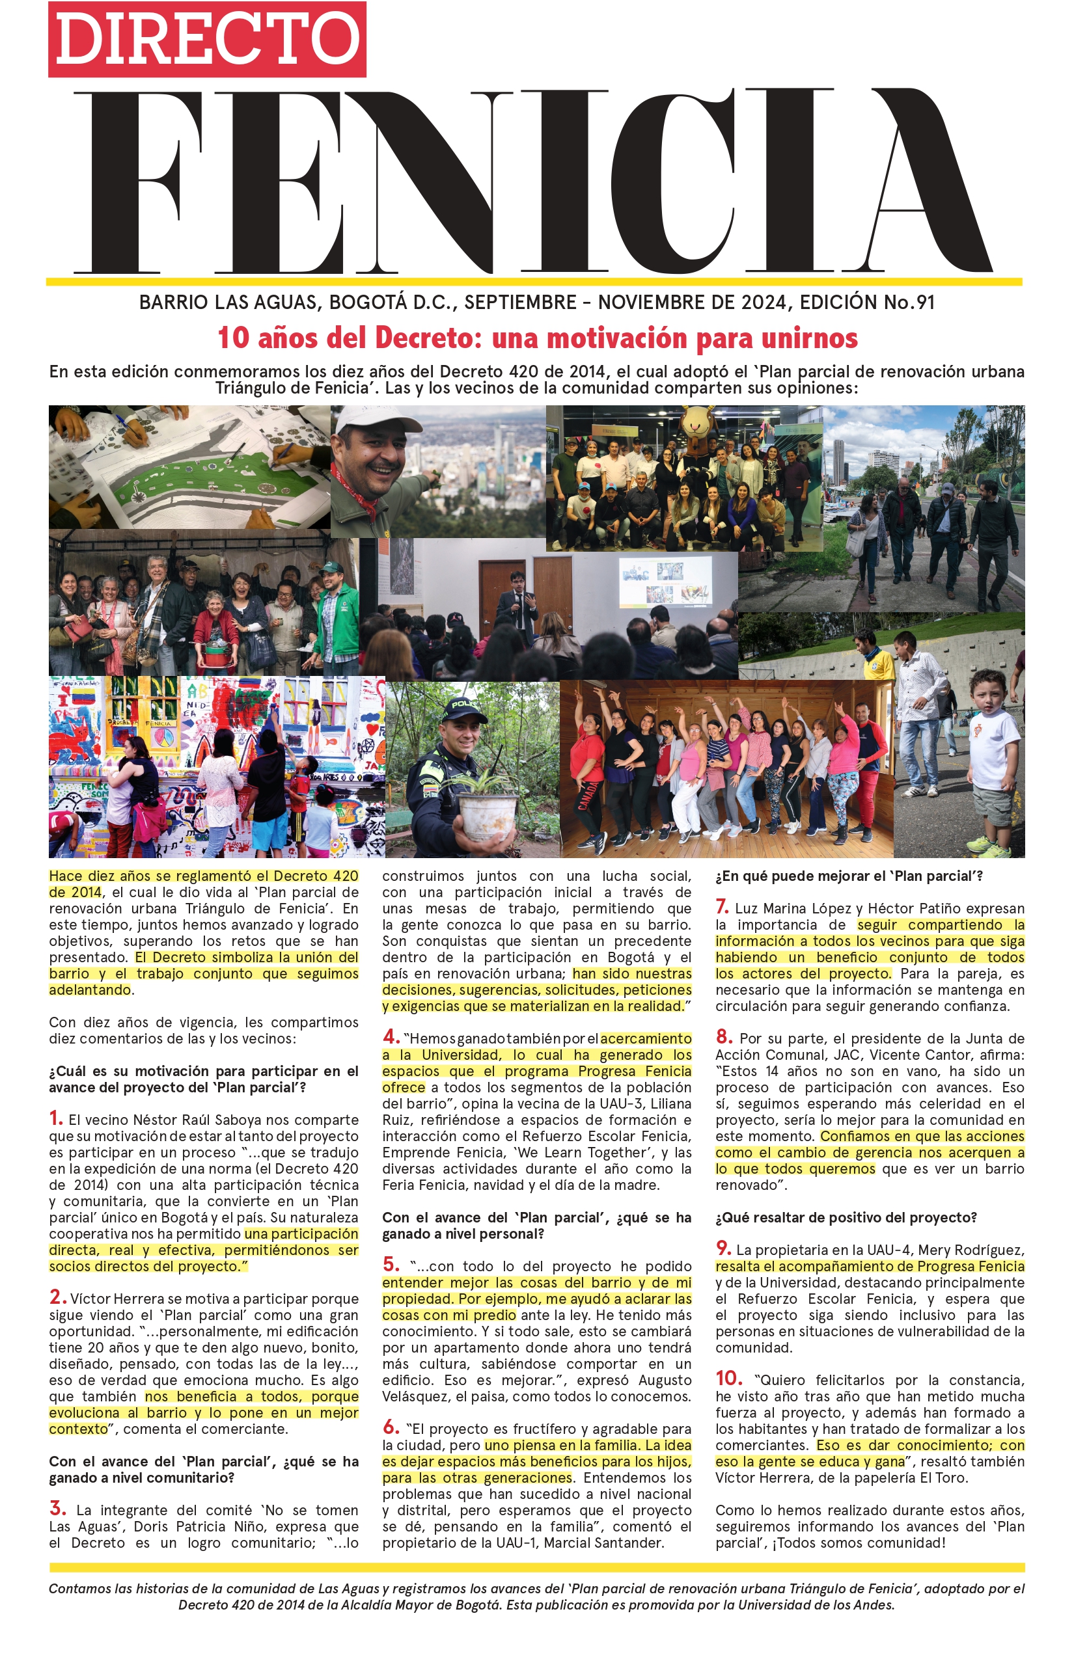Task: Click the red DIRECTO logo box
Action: point(207,40)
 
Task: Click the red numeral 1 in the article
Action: point(56,1118)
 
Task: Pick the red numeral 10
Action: point(729,1378)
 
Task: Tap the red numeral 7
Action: point(722,907)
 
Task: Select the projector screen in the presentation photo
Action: point(665,580)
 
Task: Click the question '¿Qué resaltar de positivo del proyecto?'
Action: point(846,1218)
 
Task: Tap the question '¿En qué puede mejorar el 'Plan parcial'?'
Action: point(849,876)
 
